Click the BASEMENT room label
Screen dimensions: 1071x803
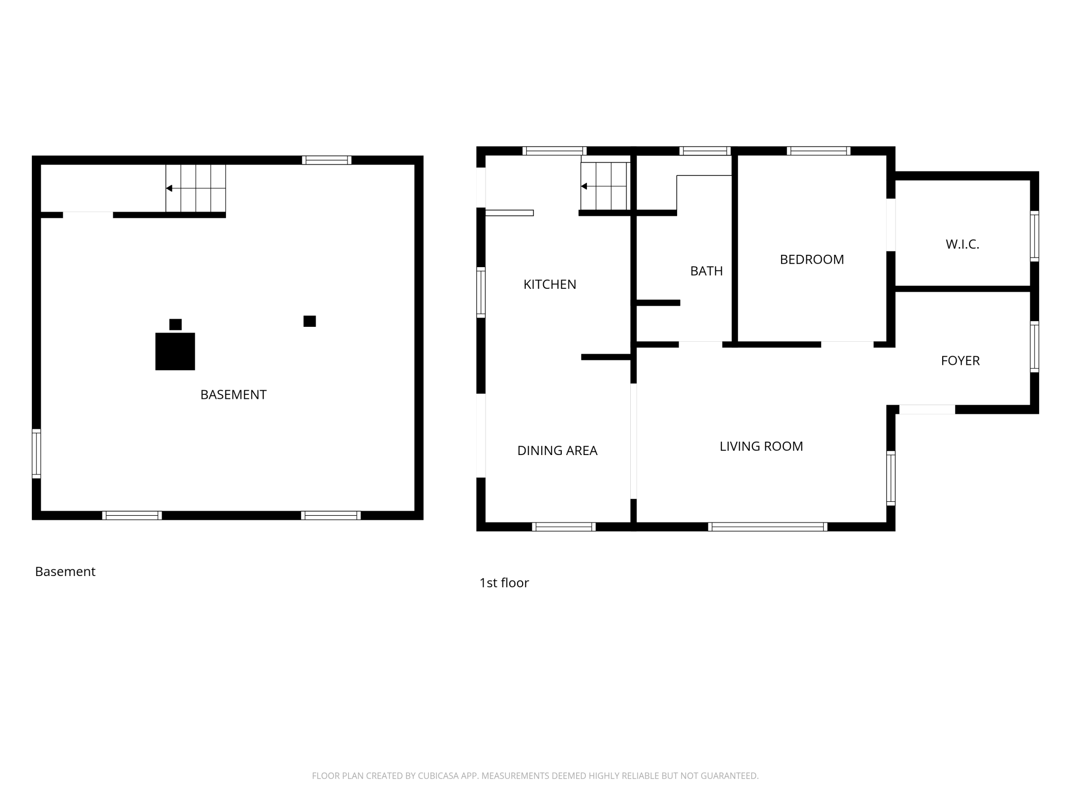click(233, 395)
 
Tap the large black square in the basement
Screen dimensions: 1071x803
click(175, 352)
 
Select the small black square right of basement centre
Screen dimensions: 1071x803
click(309, 321)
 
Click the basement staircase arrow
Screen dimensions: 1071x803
click(196, 188)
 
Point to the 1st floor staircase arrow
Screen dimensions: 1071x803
click(606, 186)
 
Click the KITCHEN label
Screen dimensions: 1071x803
click(550, 285)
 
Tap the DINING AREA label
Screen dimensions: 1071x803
click(557, 451)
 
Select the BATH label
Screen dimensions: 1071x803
click(706, 271)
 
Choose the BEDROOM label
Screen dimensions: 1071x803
click(812, 259)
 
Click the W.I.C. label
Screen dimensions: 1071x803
click(962, 245)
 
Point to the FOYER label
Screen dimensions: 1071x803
click(960, 361)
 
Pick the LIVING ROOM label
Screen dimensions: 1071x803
click(761, 446)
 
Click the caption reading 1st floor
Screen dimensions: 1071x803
click(504, 583)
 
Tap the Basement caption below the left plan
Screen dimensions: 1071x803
click(65, 571)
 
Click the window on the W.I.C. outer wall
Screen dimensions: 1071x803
click(1034, 236)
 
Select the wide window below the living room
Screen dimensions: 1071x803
click(768, 527)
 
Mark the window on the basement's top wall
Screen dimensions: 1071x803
click(327, 160)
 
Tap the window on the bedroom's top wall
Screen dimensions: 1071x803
click(818, 151)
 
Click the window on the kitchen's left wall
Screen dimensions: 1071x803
click(481, 292)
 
